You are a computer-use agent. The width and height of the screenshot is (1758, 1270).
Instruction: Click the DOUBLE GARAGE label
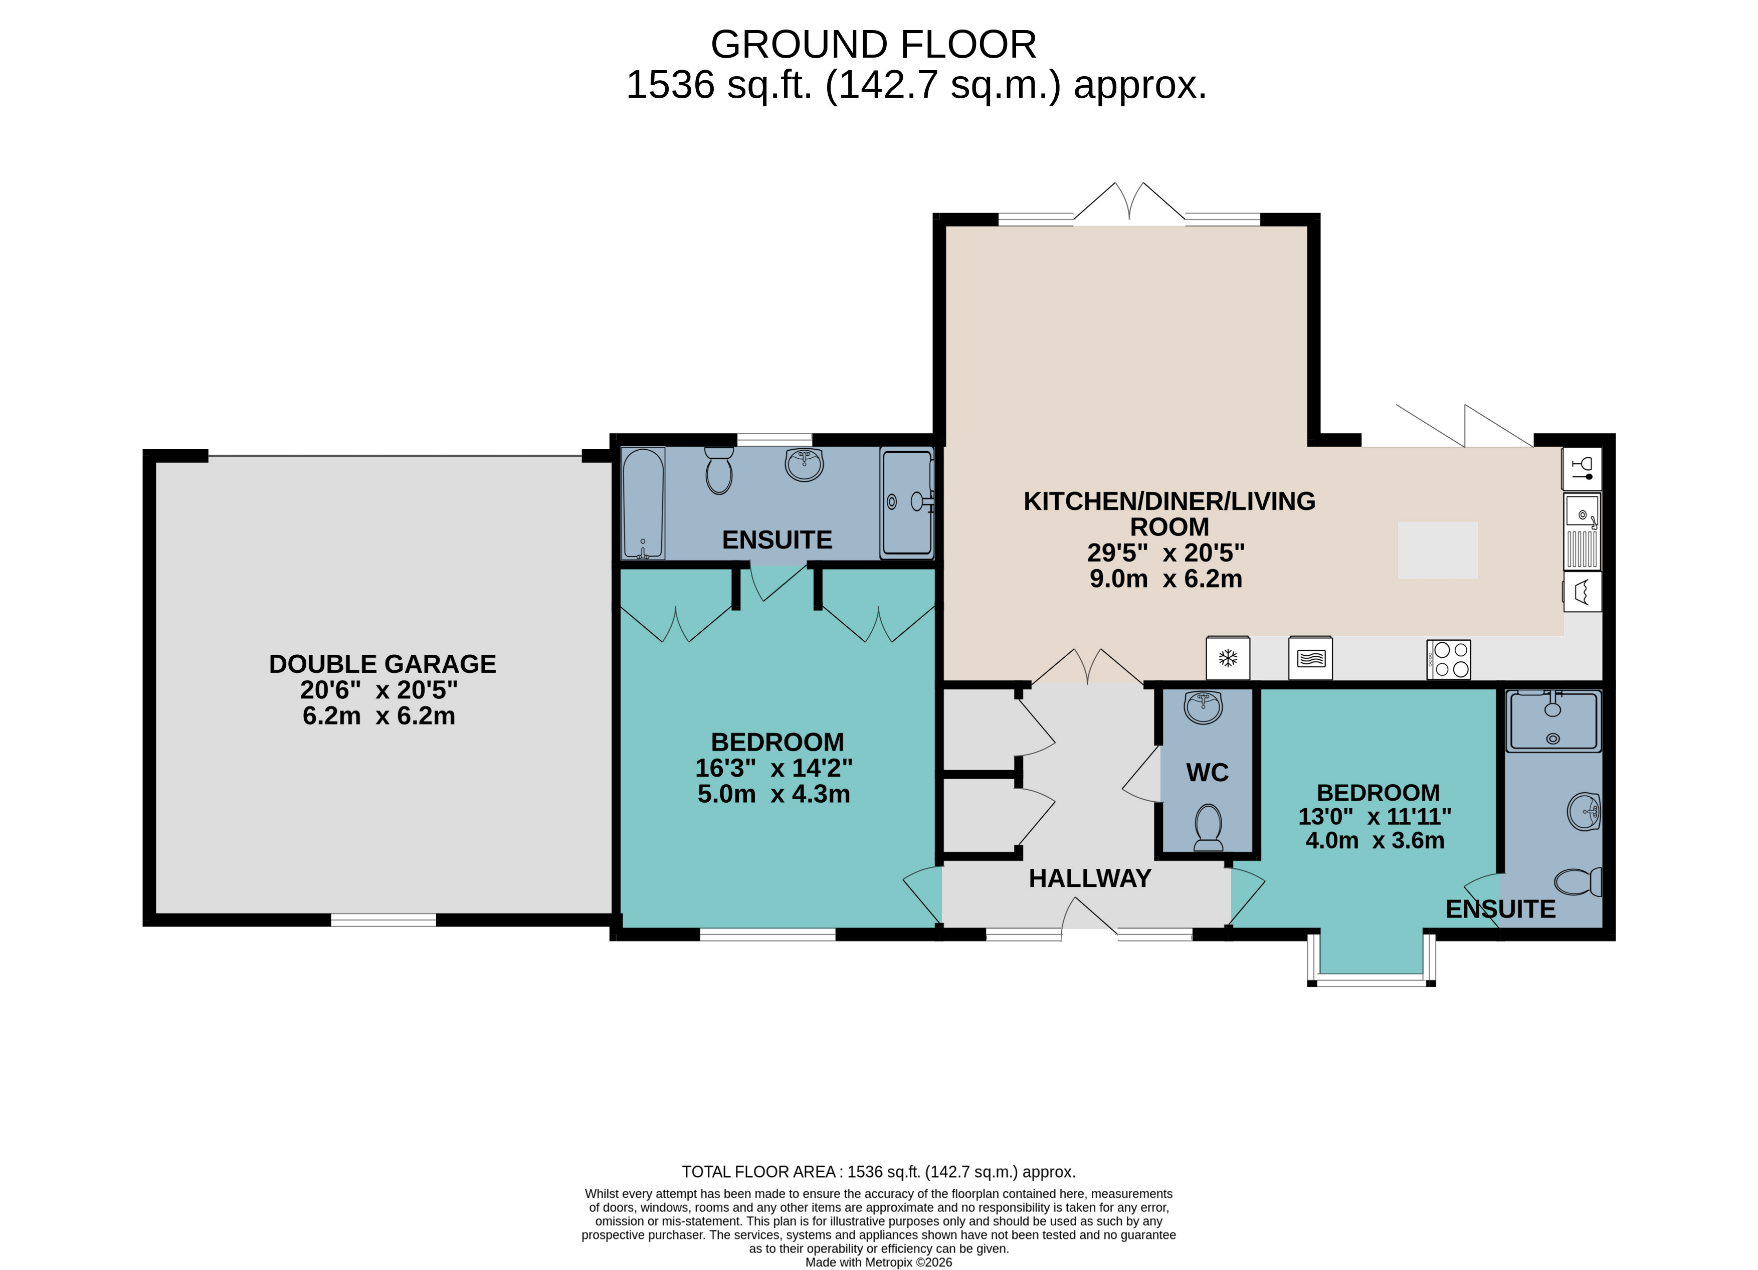pyautogui.click(x=382, y=664)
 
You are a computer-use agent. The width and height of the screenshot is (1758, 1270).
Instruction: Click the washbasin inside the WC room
pyautogui.click(x=1203, y=706)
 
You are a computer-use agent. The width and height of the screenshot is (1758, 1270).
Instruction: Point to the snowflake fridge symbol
pyautogui.click(x=1228, y=658)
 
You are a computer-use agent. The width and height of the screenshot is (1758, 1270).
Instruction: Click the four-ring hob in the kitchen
pyautogui.click(x=1449, y=659)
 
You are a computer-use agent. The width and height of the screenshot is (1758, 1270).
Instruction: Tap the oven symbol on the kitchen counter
pyautogui.click(x=1310, y=658)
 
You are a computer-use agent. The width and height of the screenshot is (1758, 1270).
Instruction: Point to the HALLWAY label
pyautogui.click(x=1090, y=878)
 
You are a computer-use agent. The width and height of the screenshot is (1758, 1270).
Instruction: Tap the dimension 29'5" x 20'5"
pyautogui.click(x=1166, y=553)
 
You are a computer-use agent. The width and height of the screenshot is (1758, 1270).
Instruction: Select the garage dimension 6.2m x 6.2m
pyautogui.click(x=379, y=715)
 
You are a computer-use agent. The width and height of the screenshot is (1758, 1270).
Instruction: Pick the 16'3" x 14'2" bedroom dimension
pyautogui.click(x=773, y=768)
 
